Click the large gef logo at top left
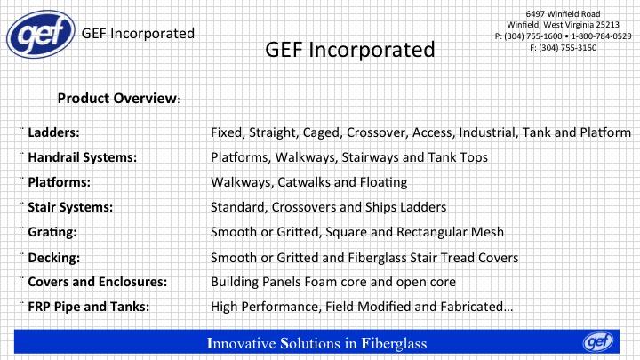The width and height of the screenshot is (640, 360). tap(41, 35)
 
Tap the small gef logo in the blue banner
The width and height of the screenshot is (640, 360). tap(598, 342)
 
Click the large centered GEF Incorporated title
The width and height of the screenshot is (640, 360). tap(350, 50)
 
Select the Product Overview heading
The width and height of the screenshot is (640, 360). tap(118, 99)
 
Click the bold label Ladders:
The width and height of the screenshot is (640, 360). tap(53, 132)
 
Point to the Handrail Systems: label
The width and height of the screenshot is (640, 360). tap(82, 157)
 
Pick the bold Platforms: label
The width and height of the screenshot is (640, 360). tap(59, 182)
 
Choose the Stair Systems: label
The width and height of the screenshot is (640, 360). tap(70, 207)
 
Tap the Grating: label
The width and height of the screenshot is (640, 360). tap(52, 232)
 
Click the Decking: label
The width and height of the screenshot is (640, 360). tap(54, 258)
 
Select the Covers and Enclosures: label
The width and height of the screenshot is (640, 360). tap(97, 282)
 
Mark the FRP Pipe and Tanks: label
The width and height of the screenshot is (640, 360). tap(89, 307)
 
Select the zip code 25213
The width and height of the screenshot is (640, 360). tap(607, 25)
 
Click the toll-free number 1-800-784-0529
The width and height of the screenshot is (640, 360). tap(601, 36)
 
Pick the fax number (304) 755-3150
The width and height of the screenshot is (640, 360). tap(568, 48)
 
